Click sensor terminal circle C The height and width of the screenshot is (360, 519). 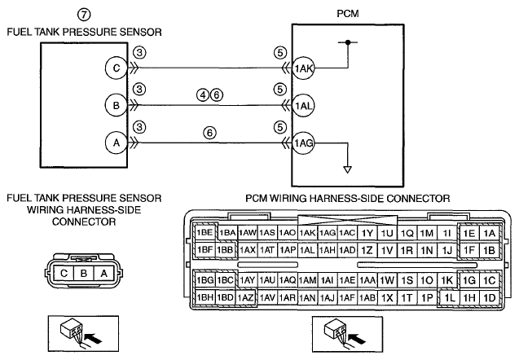click(117, 68)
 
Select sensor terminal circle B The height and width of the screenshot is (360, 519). click(117, 106)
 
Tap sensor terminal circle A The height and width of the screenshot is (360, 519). click(117, 143)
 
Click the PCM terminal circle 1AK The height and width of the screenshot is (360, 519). click(304, 68)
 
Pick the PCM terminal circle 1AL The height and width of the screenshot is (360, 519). click(304, 106)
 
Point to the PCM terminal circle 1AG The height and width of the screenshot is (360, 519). click(304, 143)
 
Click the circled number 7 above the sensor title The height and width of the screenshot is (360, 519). click(84, 15)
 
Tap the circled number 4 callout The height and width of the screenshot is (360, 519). click(203, 95)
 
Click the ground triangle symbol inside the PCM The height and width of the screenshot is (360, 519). click(348, 169)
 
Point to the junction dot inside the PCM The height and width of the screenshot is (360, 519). click(348, 42)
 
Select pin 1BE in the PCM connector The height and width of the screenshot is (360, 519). click(205, 233)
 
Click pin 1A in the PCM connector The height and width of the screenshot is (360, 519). click(489, 233)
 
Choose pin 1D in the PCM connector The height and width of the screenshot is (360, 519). click(489, 298)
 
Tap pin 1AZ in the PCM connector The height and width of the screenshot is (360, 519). click(245, 298)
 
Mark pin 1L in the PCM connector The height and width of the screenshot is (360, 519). click(449, 298)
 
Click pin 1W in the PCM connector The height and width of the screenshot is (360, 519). click(387, 280)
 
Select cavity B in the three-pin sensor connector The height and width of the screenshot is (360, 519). click(84, 274)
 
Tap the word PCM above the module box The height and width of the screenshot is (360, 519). click(348, 14)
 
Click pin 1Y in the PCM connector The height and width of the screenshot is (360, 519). click(367, 233)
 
